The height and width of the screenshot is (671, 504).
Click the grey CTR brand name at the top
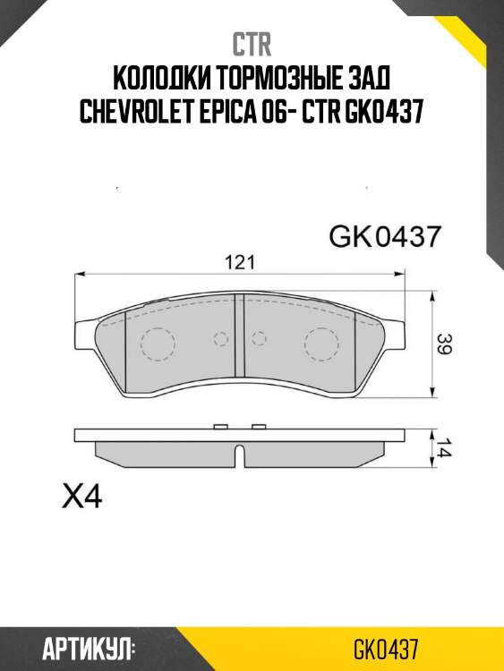(x=252, y=43)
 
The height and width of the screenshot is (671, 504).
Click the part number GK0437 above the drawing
(x=385, y=237)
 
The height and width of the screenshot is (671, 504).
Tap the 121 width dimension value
(x=239, y=262)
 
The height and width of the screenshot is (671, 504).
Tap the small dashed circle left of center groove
(x=220, y=338)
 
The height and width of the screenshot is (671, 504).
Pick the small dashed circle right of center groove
(x=260, y=338)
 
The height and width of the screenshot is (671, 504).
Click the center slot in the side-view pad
(x=239, y=454)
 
